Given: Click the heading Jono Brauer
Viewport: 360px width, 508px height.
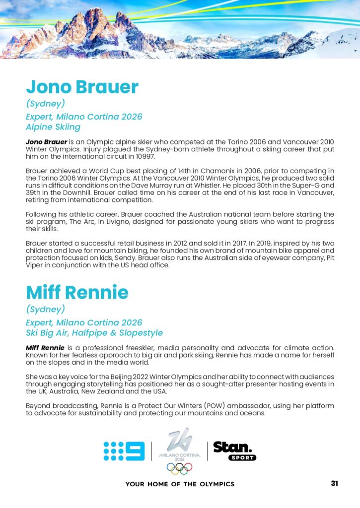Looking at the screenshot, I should (82, 87).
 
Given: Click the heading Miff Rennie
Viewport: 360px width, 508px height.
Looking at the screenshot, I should (77, 292).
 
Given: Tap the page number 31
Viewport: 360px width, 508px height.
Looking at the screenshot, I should (334, 483).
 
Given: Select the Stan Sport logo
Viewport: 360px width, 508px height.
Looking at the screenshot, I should (235, 450).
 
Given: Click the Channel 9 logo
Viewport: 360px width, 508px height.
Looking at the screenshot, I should (124, 451).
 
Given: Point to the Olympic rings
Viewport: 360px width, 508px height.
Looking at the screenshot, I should (179, 468).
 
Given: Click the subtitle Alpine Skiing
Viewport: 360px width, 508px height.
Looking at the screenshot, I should (53, 127).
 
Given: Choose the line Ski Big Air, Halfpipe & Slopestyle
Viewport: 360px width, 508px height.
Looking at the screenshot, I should (94, 332).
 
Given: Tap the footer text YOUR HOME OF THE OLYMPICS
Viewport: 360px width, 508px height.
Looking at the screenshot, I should (180, 484).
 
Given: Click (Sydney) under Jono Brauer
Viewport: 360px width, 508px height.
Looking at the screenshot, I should (46, 104).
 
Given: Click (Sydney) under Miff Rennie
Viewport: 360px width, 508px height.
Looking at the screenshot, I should (46, 309).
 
